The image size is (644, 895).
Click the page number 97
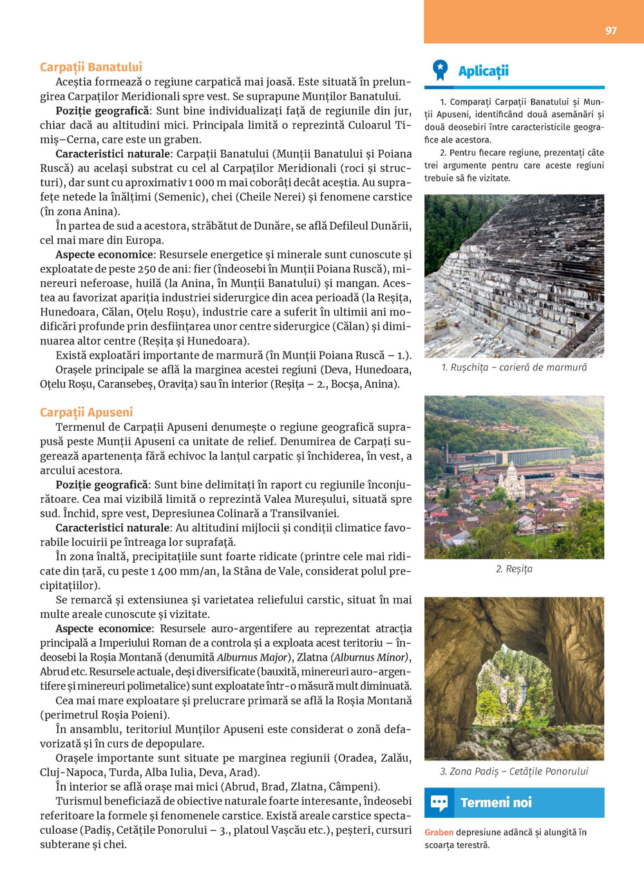[611, 30]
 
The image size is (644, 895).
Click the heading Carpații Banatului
[91, 67]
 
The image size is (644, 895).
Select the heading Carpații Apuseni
[86, 412]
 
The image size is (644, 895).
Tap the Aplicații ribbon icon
[440, 70]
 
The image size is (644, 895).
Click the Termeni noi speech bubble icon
[439, 802]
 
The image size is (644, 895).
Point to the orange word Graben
[439, 832]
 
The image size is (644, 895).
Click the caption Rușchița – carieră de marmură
[514, 367]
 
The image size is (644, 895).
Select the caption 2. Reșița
[514, 569]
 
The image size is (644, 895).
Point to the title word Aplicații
[483, 71]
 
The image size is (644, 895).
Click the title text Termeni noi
[496, 802]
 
